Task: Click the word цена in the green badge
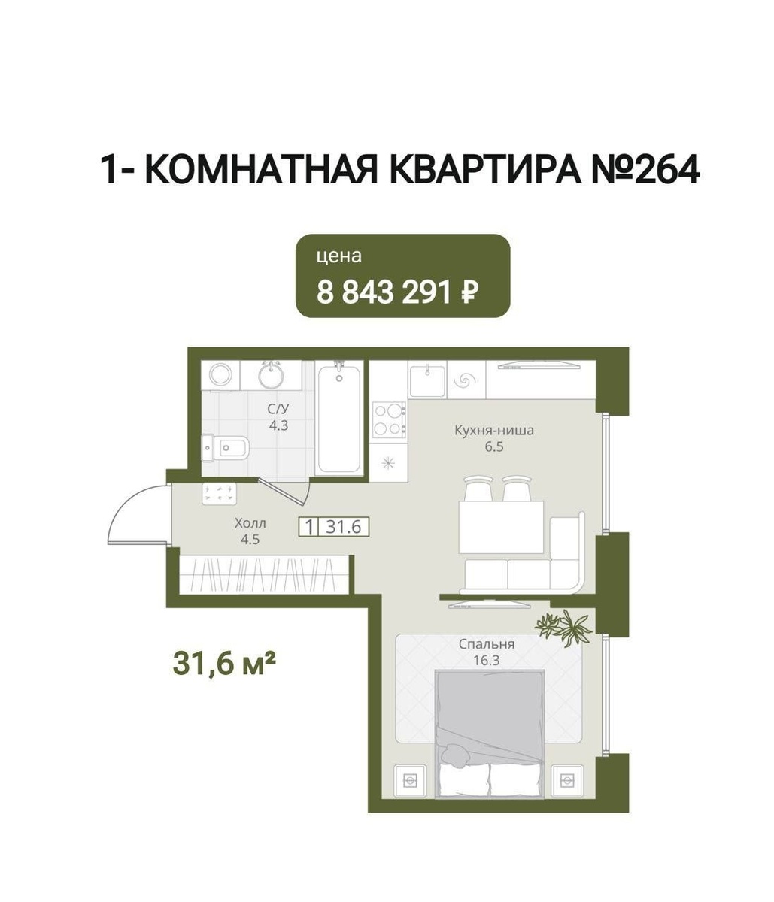[x=339, y=256]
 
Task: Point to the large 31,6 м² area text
[x=224, y=663]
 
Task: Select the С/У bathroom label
[x=278, y=409]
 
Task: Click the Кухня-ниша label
[x=494, y=431]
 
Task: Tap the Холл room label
[x=250, y=523]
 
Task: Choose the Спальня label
[x=487, y=644]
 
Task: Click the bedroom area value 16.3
[x=486, y=660]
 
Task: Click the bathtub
[x=339, y=419]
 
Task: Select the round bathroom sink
[x=271, y=375]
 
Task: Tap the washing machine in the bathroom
[x=220, y=375]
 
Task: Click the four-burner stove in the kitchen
[x=389, y=419]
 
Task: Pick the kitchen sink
[x=427, y=381]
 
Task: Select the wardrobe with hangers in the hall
[x=264, y=575]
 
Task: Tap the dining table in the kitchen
[x=501, y=528]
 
